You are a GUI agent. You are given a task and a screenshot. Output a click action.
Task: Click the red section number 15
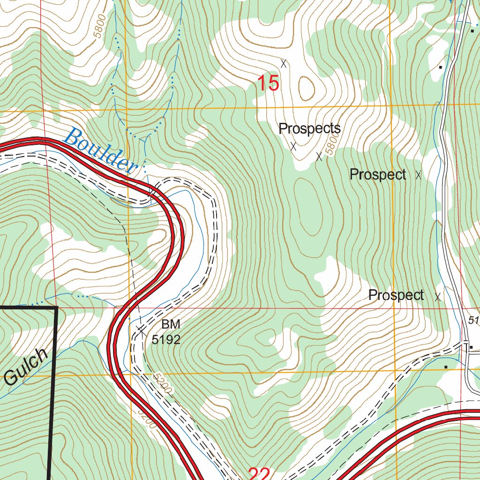(269, 84)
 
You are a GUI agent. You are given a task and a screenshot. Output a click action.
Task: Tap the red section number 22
(259, 473)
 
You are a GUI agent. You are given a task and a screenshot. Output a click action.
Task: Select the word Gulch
(27, 367)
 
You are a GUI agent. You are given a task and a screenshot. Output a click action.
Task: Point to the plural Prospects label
(309, 128)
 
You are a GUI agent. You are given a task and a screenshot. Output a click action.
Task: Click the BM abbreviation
(171, 324)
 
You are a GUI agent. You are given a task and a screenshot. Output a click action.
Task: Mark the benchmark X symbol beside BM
(141, 330)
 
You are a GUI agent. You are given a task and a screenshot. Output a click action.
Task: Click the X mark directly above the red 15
(283, 63)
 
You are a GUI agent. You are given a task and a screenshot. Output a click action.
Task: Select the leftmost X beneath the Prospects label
(293, 146)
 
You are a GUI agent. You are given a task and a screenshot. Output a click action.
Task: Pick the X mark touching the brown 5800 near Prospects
(319, 157)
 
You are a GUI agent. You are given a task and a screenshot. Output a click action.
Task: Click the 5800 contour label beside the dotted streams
(100, 32)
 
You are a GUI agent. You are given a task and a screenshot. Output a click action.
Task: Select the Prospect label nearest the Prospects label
(378, 175)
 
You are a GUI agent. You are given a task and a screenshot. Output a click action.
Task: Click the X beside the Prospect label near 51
(438, 297)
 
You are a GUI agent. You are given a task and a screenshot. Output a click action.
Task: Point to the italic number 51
(474, 320)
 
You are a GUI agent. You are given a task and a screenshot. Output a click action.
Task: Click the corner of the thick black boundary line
(57, 307)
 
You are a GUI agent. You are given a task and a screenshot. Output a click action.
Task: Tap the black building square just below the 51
(471, 347)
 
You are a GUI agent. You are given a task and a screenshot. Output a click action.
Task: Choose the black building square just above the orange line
(446, 367)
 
